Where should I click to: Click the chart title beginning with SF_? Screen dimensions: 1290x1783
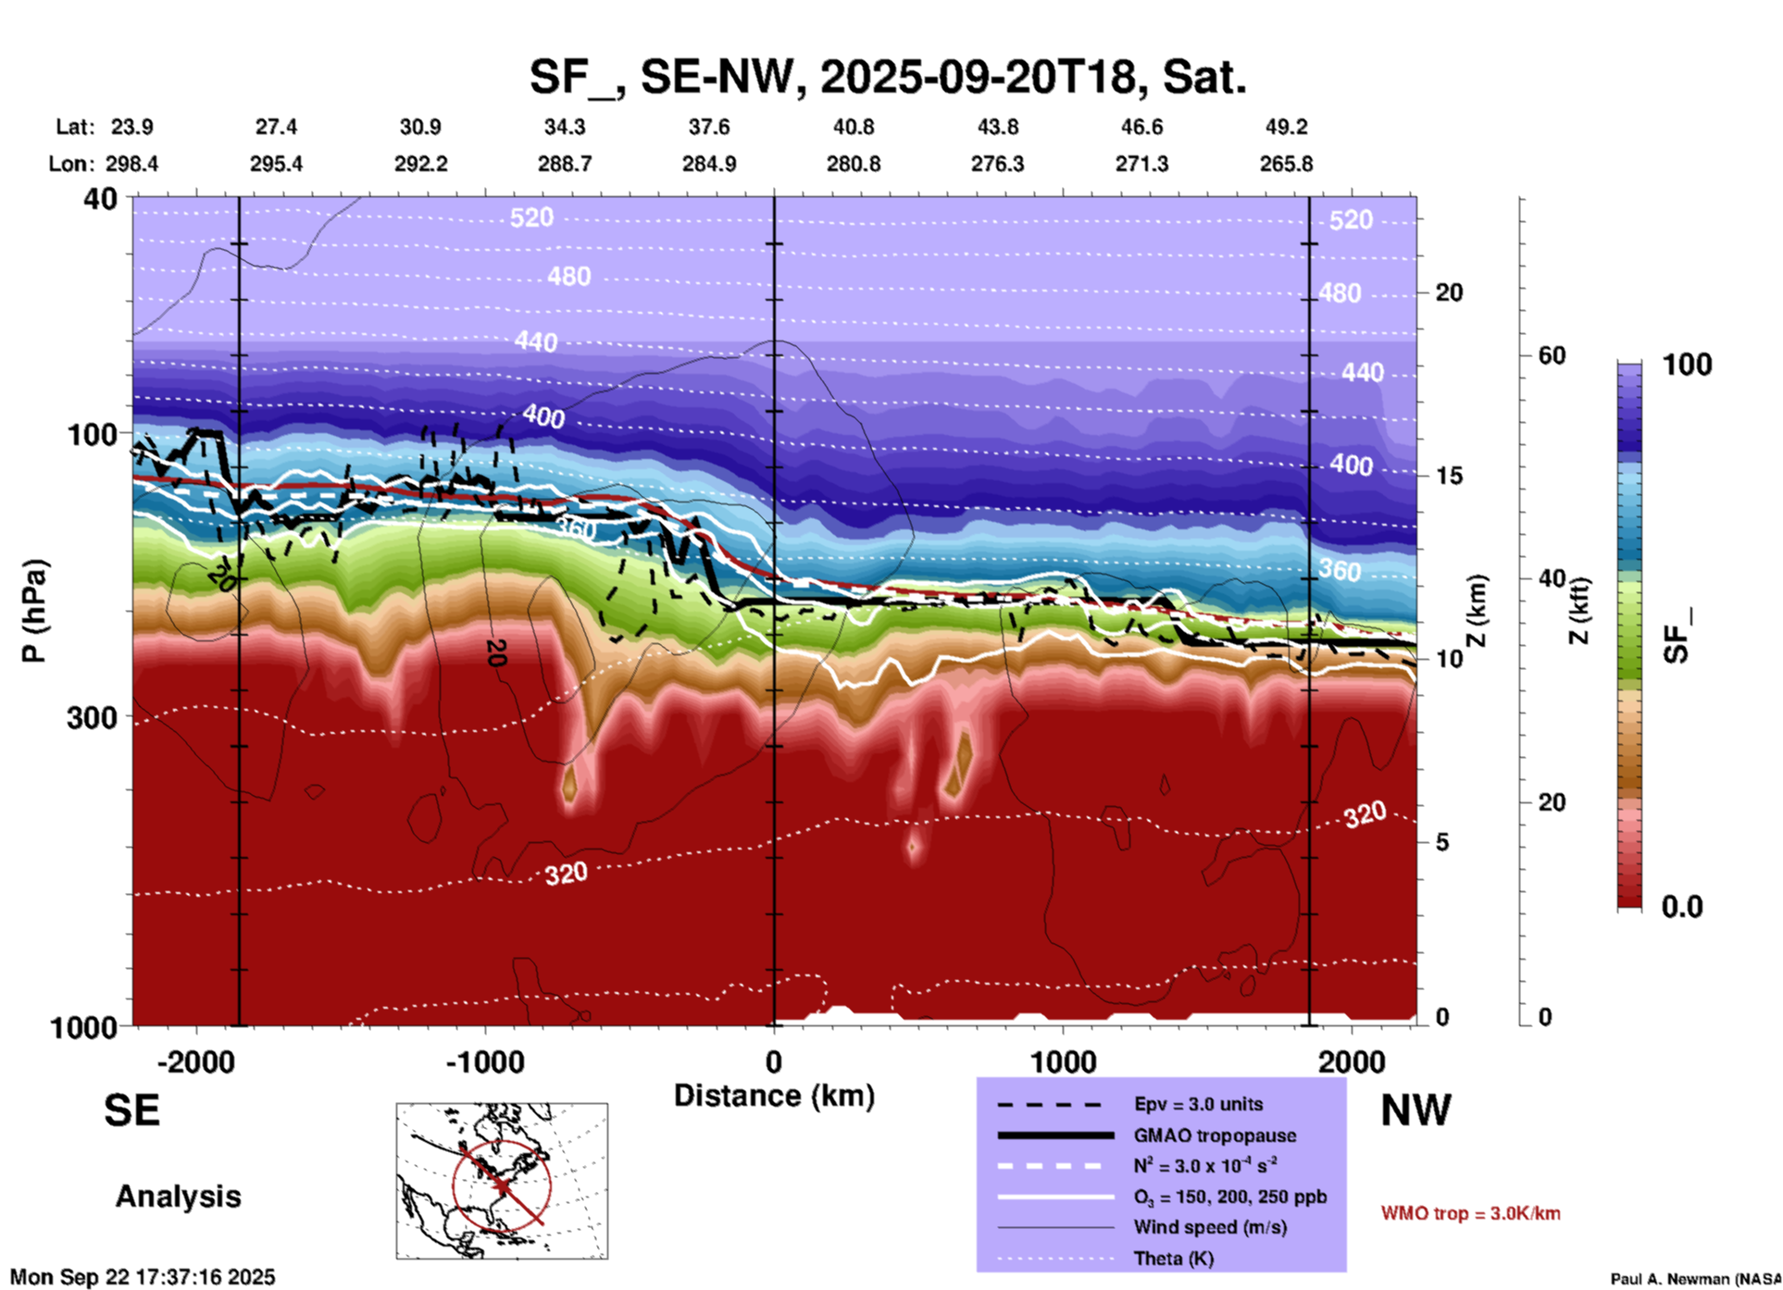coord(887,76)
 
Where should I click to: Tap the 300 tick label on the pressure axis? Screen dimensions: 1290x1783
coord(93,717)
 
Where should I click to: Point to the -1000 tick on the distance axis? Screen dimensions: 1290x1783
coord(485,1061)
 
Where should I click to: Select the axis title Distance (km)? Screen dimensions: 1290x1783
coord(774,1096)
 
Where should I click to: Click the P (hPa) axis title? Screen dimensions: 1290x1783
coord(33,611)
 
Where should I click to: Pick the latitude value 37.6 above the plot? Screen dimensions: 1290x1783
coord(708,127)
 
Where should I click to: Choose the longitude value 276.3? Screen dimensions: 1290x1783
coord(997,164)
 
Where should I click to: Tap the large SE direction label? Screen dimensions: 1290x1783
coord(131,1110)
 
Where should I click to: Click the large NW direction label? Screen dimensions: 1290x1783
coord(1415,1110)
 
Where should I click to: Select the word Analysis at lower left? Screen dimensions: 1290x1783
coord(178,1197)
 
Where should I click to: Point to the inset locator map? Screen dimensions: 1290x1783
coord(502,1180)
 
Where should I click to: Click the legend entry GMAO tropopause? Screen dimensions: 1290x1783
coord(1215,1135)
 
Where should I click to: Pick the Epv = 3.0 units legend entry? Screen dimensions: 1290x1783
coord(1198,1104)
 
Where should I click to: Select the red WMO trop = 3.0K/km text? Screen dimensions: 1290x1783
coord(1470,1213)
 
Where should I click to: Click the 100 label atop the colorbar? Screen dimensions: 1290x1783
coord(1687,365)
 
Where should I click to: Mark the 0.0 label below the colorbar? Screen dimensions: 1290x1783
coord(1682,907)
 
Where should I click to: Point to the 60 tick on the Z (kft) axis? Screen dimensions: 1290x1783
coord(1552,355)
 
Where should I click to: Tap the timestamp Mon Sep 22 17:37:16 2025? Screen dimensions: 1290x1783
coord(143,1277)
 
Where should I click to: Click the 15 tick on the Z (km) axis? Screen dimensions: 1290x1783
coord(1449,476)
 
